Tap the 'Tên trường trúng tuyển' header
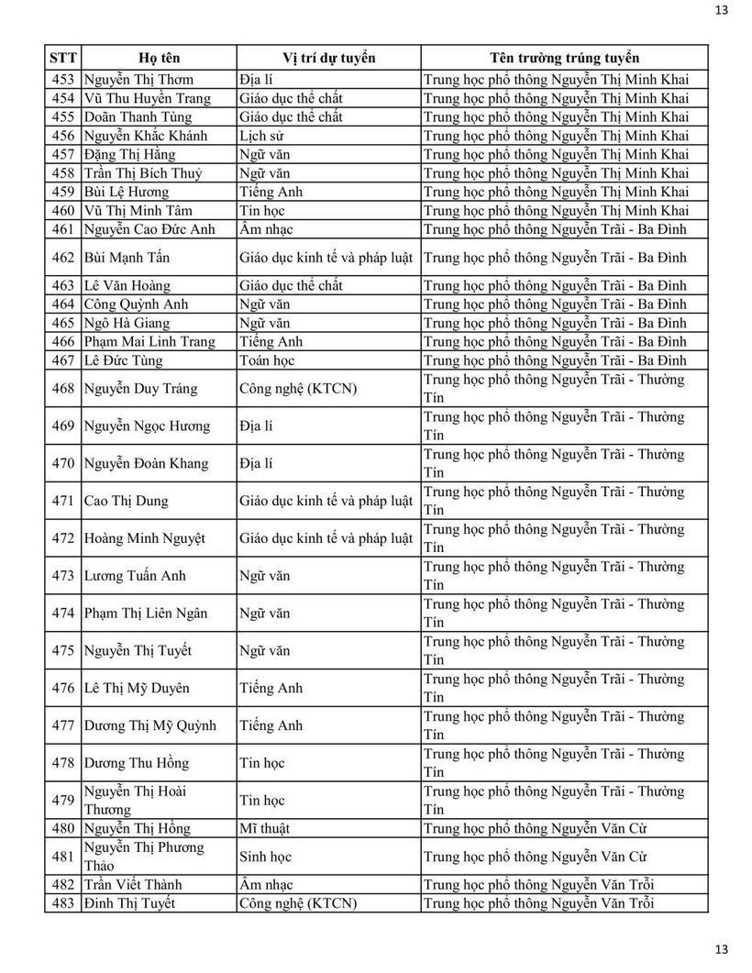(x=564, y=58)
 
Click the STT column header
(x=63, y=58)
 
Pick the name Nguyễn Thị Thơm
(x=138, y=80)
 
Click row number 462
(x=63, y=258)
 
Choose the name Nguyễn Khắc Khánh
(x=145, y=136)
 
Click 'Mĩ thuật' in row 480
(x=264, y=829)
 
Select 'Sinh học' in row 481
(x=265, y=857)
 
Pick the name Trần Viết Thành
(x=132, y=885)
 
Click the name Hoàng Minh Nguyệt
(x=144, y=538)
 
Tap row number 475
(x=63, y=651)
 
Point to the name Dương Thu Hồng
(x=136, y=763)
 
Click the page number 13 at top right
(x=721, y=10)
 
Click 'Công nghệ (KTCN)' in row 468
(x=298, y=389)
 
